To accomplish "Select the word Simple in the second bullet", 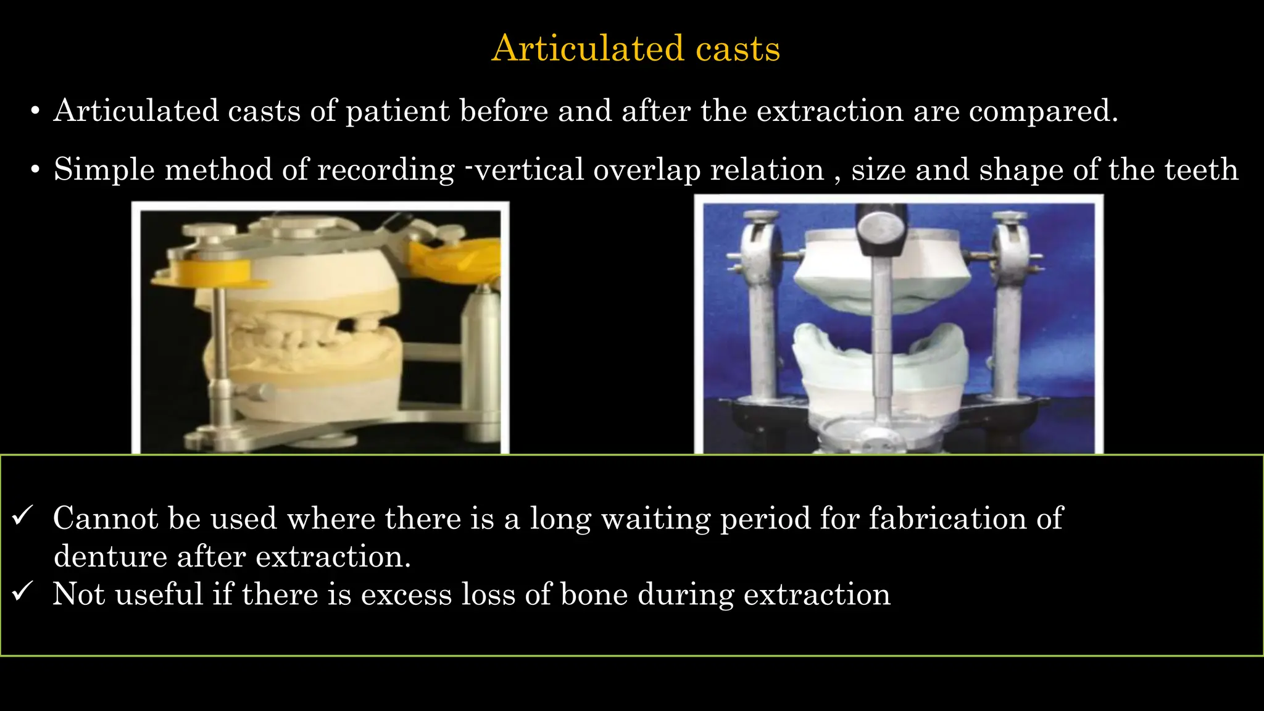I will point(104,170).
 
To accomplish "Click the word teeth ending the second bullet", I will point(1201,170).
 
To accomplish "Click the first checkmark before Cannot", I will point(22,516).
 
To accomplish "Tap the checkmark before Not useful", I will point(22,592).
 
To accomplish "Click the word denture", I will point(110,557).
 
